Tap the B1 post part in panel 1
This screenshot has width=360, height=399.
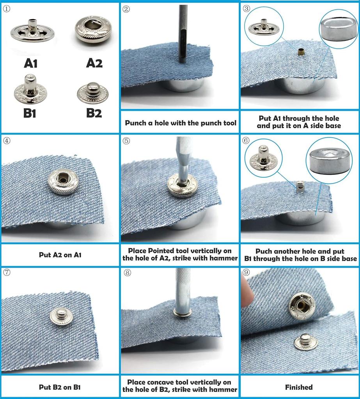point(30,89)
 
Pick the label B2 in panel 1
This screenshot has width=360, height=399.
point(94,113)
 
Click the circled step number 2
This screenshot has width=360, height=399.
point(126,9)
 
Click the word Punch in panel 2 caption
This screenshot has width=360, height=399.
point(136,123)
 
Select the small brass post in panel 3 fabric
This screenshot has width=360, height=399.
point(301,52)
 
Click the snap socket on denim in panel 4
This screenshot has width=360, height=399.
point(63,182)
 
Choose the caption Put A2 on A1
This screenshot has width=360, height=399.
point(60,255)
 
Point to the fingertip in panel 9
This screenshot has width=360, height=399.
point(247,292)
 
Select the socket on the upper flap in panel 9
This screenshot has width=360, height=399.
point(301,306)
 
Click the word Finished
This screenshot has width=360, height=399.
point(299,387)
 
